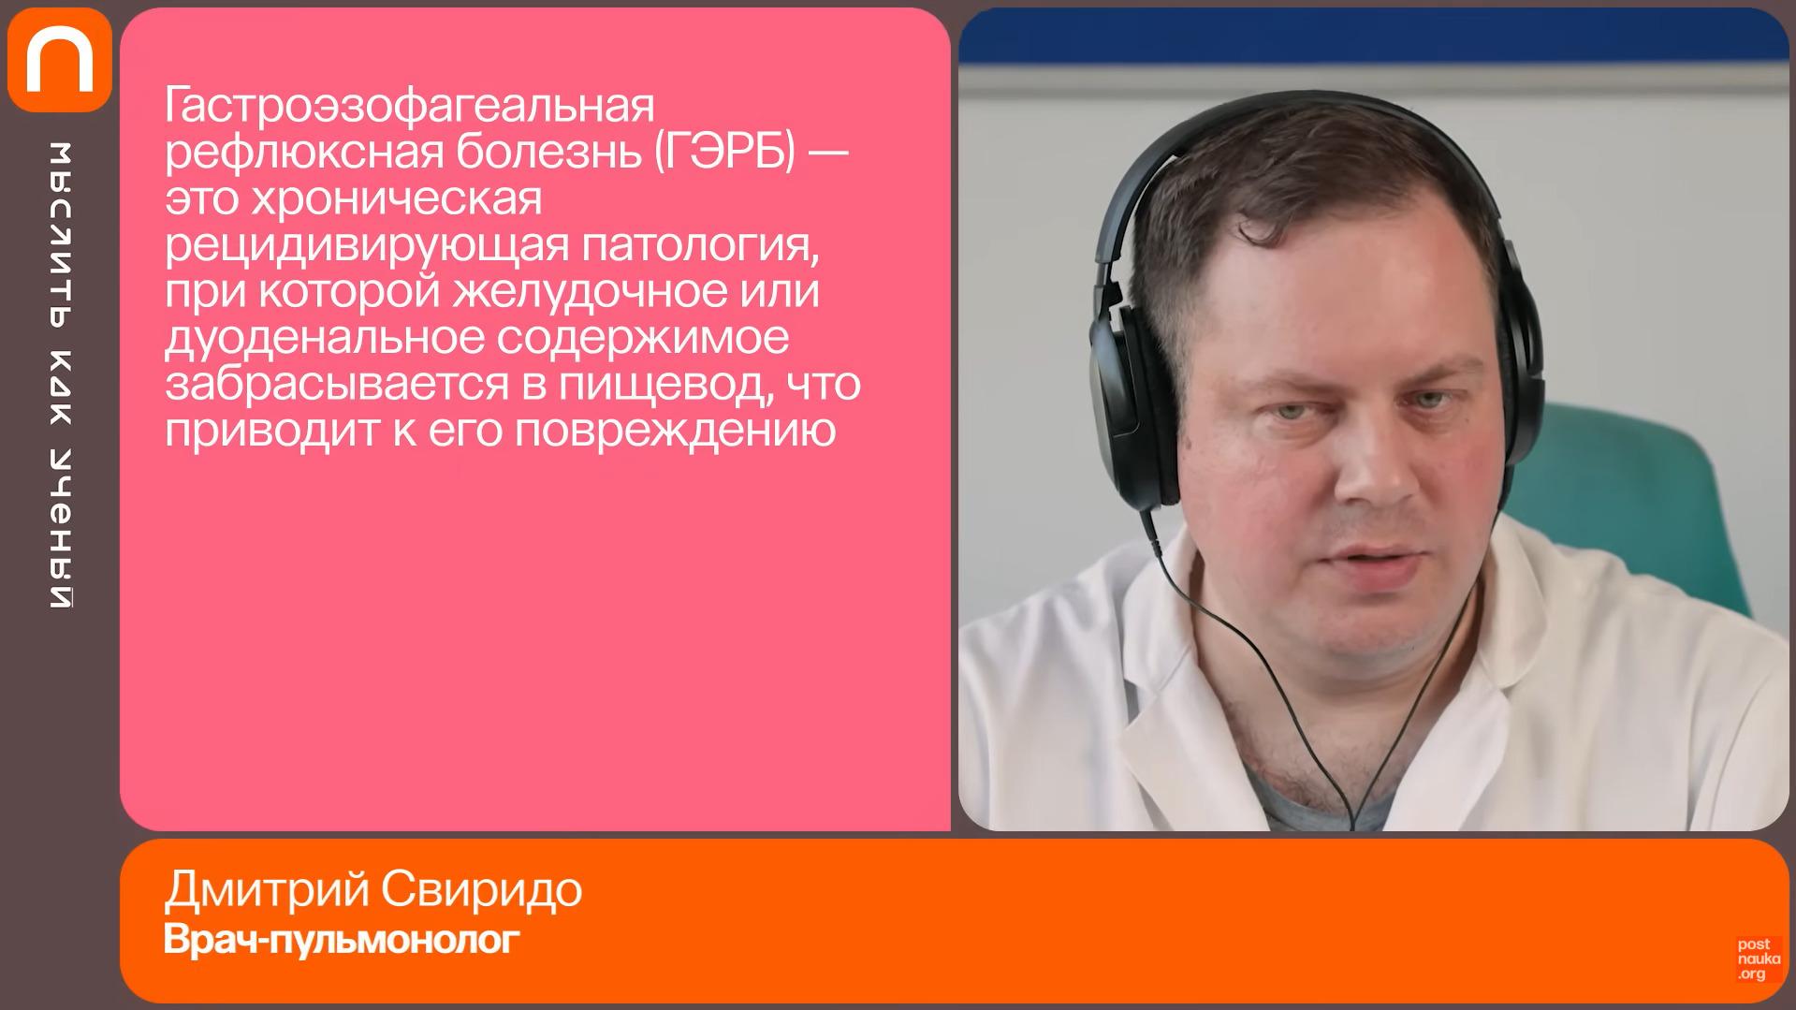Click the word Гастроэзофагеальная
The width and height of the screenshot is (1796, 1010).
tap(409, 107)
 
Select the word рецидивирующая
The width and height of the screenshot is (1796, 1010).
tap(367, 246)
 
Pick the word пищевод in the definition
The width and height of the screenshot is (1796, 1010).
tap(663, 385)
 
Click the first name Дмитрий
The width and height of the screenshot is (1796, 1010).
tap(266, 890)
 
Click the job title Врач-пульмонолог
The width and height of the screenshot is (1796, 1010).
tap(342, 940)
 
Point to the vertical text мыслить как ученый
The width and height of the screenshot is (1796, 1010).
tap(61, 374)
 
